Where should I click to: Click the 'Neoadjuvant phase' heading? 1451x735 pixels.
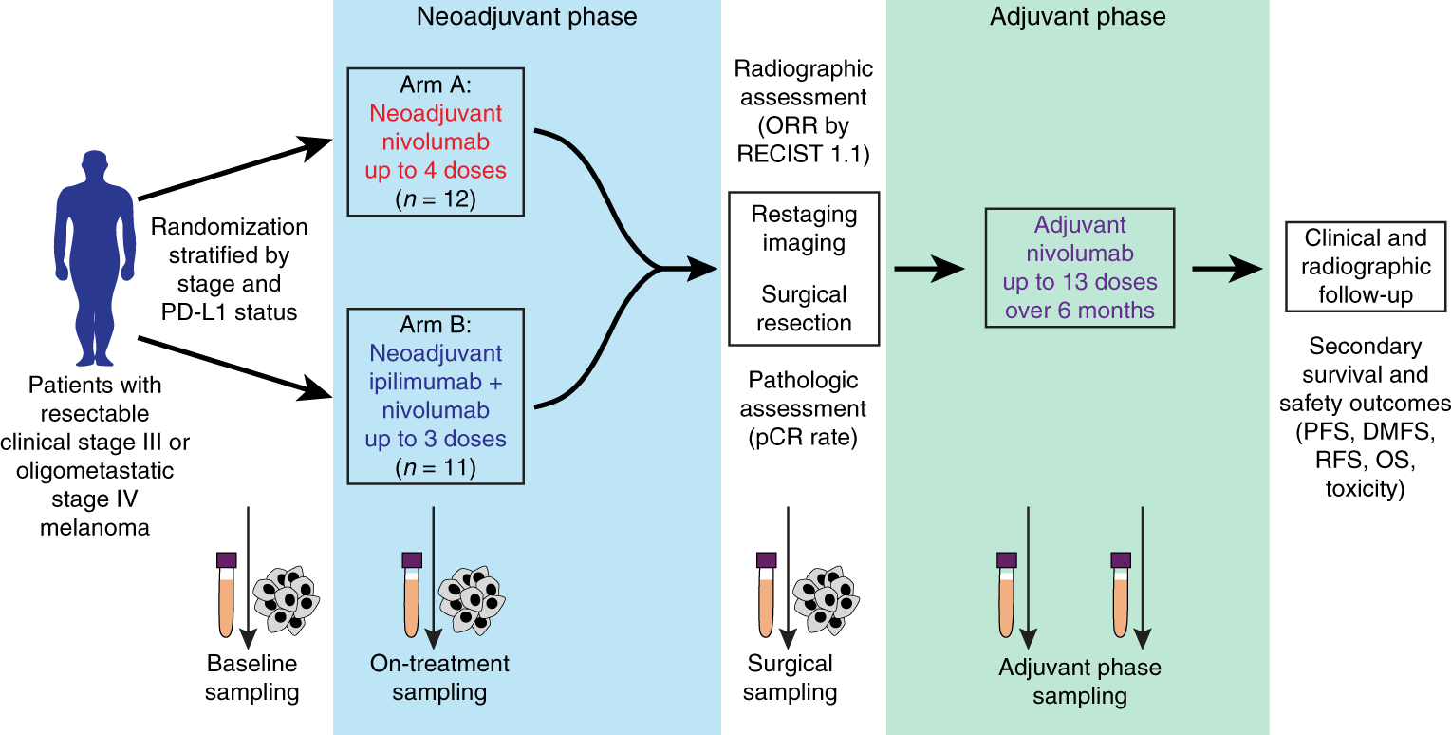527,16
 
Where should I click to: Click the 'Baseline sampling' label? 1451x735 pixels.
253,677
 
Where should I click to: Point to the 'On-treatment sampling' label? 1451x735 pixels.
439,677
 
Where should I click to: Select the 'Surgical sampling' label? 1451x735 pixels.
790,677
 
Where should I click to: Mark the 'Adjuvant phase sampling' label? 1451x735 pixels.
1080,681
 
